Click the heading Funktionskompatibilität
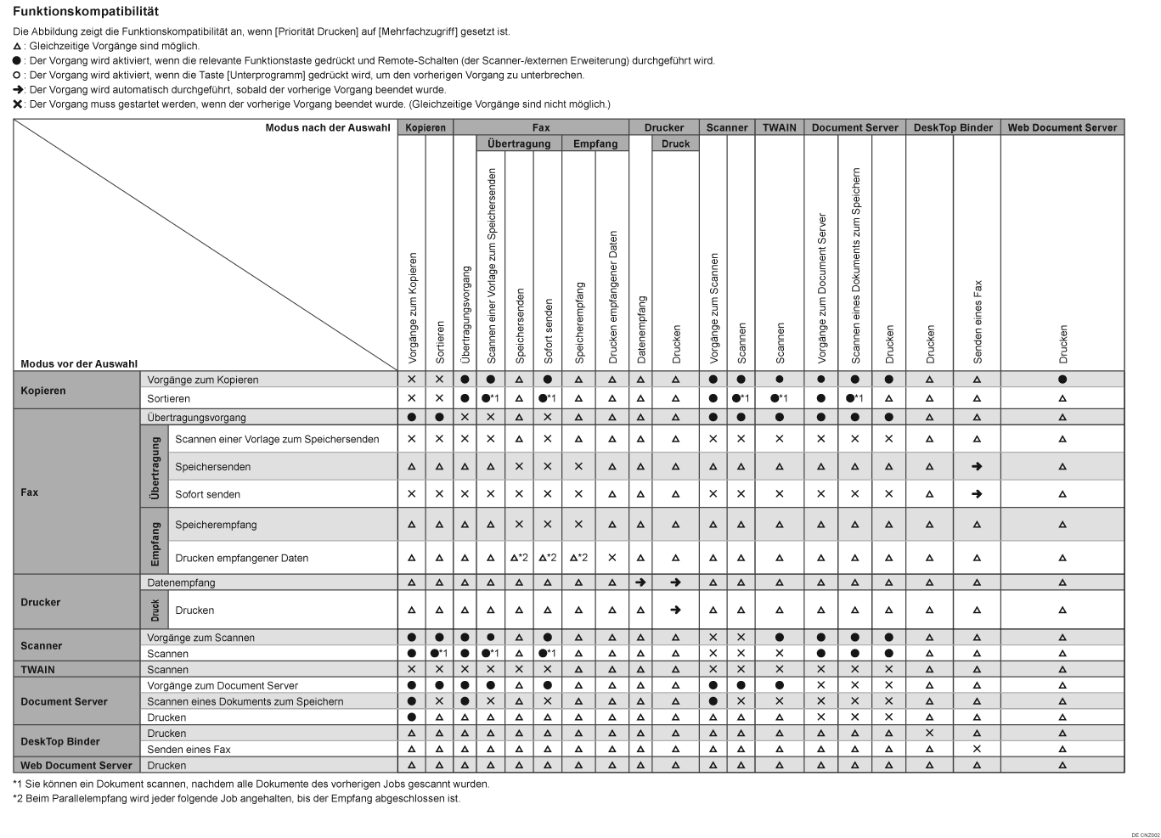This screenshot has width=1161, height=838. click(86, 12)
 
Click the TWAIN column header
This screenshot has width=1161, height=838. click(779, 127)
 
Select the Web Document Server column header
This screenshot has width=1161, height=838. click(1062, 127)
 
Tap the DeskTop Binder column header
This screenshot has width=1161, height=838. click(953, 127)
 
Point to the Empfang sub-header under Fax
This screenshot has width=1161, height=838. click(595, 143)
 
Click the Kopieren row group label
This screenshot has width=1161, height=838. click(43, 391)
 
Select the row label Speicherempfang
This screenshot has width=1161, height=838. click(216, 525)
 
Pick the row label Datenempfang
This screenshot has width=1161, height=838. click(181, 582)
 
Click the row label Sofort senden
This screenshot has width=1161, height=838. click(207, 494)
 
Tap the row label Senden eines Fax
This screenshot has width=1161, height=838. click(189, 750)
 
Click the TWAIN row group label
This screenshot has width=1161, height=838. click(37, 670)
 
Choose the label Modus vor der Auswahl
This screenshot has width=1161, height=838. click(79, 363)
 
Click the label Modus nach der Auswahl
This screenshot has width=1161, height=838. click(328, 127)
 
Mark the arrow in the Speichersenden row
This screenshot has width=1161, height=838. click(977, 466)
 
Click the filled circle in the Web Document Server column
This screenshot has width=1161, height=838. click(1062, 380)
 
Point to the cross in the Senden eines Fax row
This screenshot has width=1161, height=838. click(977, 749)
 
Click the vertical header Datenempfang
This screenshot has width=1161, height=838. click(641, 329)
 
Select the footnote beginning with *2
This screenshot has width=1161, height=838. click(236, 798)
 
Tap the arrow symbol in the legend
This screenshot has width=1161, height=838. click(18, 89)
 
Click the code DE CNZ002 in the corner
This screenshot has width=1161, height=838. click(1145, 835)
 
